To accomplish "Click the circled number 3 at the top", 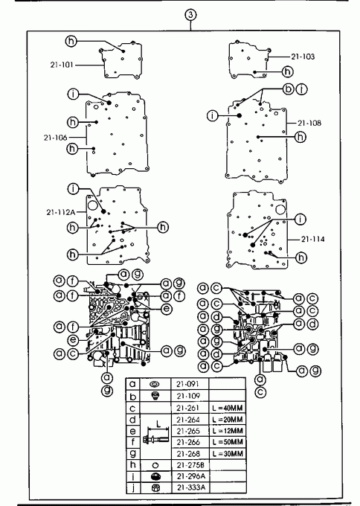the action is tap(190, 15).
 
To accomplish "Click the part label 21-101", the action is tap(62, 65).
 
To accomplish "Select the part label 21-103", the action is tap(303, 57).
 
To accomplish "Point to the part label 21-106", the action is tap(56, 138).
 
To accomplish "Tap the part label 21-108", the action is tap(309, 123).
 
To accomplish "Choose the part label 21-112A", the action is tap(61, 212).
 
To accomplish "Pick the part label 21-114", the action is tap(313, 239).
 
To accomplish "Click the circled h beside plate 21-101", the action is tap(71, 41).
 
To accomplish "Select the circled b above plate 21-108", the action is tap(288, 89).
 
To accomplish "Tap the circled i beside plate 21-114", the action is tap(300, 220).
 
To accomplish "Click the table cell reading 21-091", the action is tap(190, 384).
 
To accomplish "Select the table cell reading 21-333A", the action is tap(190, 487).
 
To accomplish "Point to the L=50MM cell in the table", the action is tap(228, 442).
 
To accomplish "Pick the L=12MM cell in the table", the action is tap(228, 431).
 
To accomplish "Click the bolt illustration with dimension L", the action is tap(156, 435).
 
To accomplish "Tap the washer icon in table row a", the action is tap(155, 385).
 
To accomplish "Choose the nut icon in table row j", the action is tap(155, 487).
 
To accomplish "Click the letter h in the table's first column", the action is tap(132, 464).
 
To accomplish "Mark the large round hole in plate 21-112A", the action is tap(93, 205).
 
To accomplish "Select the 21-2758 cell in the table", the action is tap(190, 465).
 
